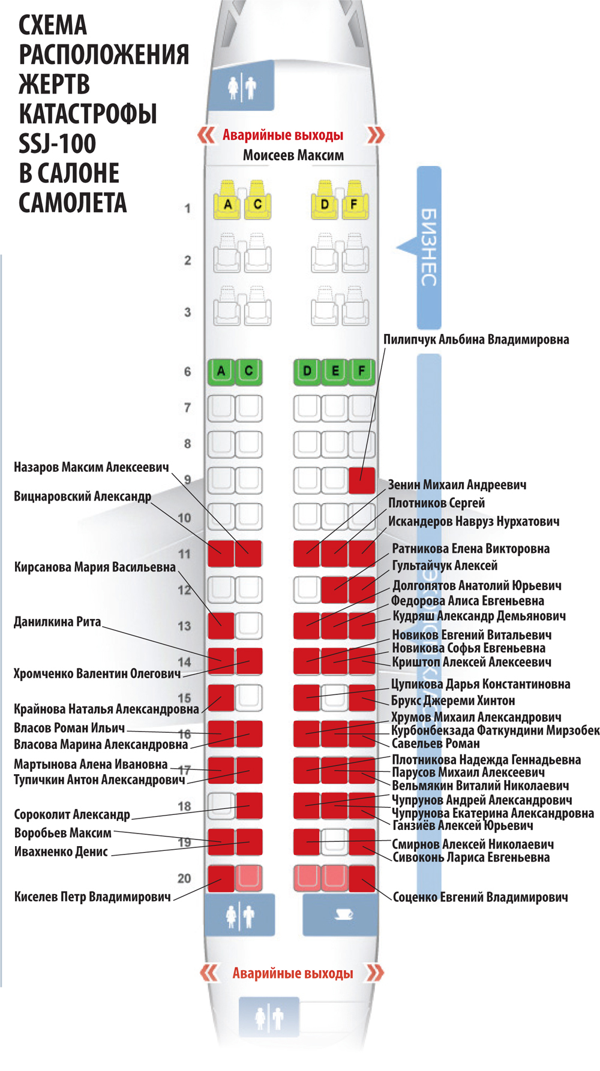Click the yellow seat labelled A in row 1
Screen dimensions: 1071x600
click(x=227, y=204)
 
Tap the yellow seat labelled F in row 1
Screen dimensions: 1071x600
click(x=354, y=204)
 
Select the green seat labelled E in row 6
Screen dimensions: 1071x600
click(x=335, y=371)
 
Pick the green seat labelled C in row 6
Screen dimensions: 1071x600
click(x=248, y=371)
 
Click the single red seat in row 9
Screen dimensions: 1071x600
click(x=362, y=480)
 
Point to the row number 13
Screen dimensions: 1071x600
click(x=184, y=626)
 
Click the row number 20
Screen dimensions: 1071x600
click(x=184, y=879)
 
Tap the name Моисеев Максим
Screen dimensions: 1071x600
click(x=293, y=155)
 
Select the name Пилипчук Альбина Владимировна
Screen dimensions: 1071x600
click(x=476, y=339)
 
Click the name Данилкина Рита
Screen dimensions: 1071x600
click(x=58, y=622)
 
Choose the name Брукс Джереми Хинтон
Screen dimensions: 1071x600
click(x=453, y=700)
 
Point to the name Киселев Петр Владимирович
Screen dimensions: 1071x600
click(x=92, y=897)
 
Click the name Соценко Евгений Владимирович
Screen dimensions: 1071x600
click(x=480, y=898)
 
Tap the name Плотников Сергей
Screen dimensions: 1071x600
click(x=436, y=503)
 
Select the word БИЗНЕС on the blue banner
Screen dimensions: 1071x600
click(x=428, y=247)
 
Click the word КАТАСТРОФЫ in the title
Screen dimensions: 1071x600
click(x=88, y=113)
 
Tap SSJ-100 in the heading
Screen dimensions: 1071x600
click(x=58, y=143)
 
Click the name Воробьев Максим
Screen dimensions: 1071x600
click(x=63, y=833)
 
